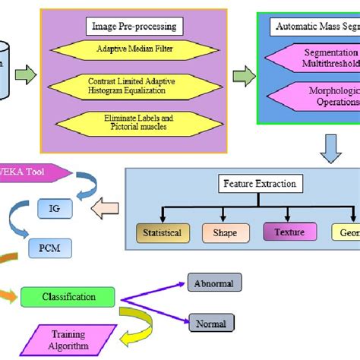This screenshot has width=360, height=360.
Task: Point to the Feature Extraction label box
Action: point(259,183)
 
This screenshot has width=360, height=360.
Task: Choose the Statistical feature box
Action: point(163,232)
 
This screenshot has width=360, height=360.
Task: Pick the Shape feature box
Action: point(225,232)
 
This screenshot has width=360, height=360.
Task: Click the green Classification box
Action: point(68,298)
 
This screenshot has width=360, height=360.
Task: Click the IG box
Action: point(51,206)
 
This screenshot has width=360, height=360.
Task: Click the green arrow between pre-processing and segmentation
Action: point(244,76)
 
